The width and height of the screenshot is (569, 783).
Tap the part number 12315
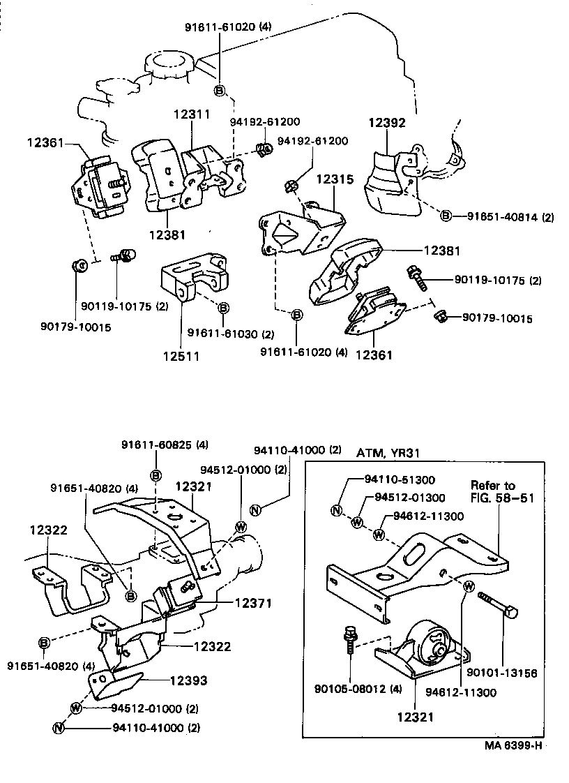click(335, 179)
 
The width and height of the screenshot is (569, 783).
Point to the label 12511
click(181, 356)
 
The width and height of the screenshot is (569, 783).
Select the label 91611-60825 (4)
click(164, 445)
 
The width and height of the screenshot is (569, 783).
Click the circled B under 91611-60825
click(156, 475)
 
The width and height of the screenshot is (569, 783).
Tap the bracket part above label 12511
click(194, 278)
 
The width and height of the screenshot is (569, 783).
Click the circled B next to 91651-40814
click(446, 216)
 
